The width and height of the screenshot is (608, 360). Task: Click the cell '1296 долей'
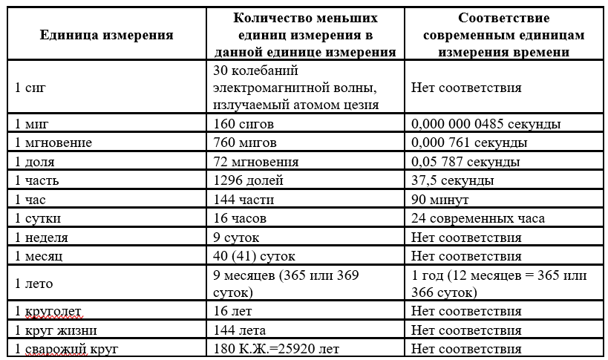[246, 180]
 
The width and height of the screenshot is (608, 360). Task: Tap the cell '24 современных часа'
[477, 219]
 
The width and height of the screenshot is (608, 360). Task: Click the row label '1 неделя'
[42, 238]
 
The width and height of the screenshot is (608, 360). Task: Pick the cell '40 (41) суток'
[254, 257]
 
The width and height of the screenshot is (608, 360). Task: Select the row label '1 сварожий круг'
[66, 349]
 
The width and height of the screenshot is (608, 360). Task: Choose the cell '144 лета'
[239, 330]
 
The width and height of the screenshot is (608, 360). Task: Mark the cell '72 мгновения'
[255, 161]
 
